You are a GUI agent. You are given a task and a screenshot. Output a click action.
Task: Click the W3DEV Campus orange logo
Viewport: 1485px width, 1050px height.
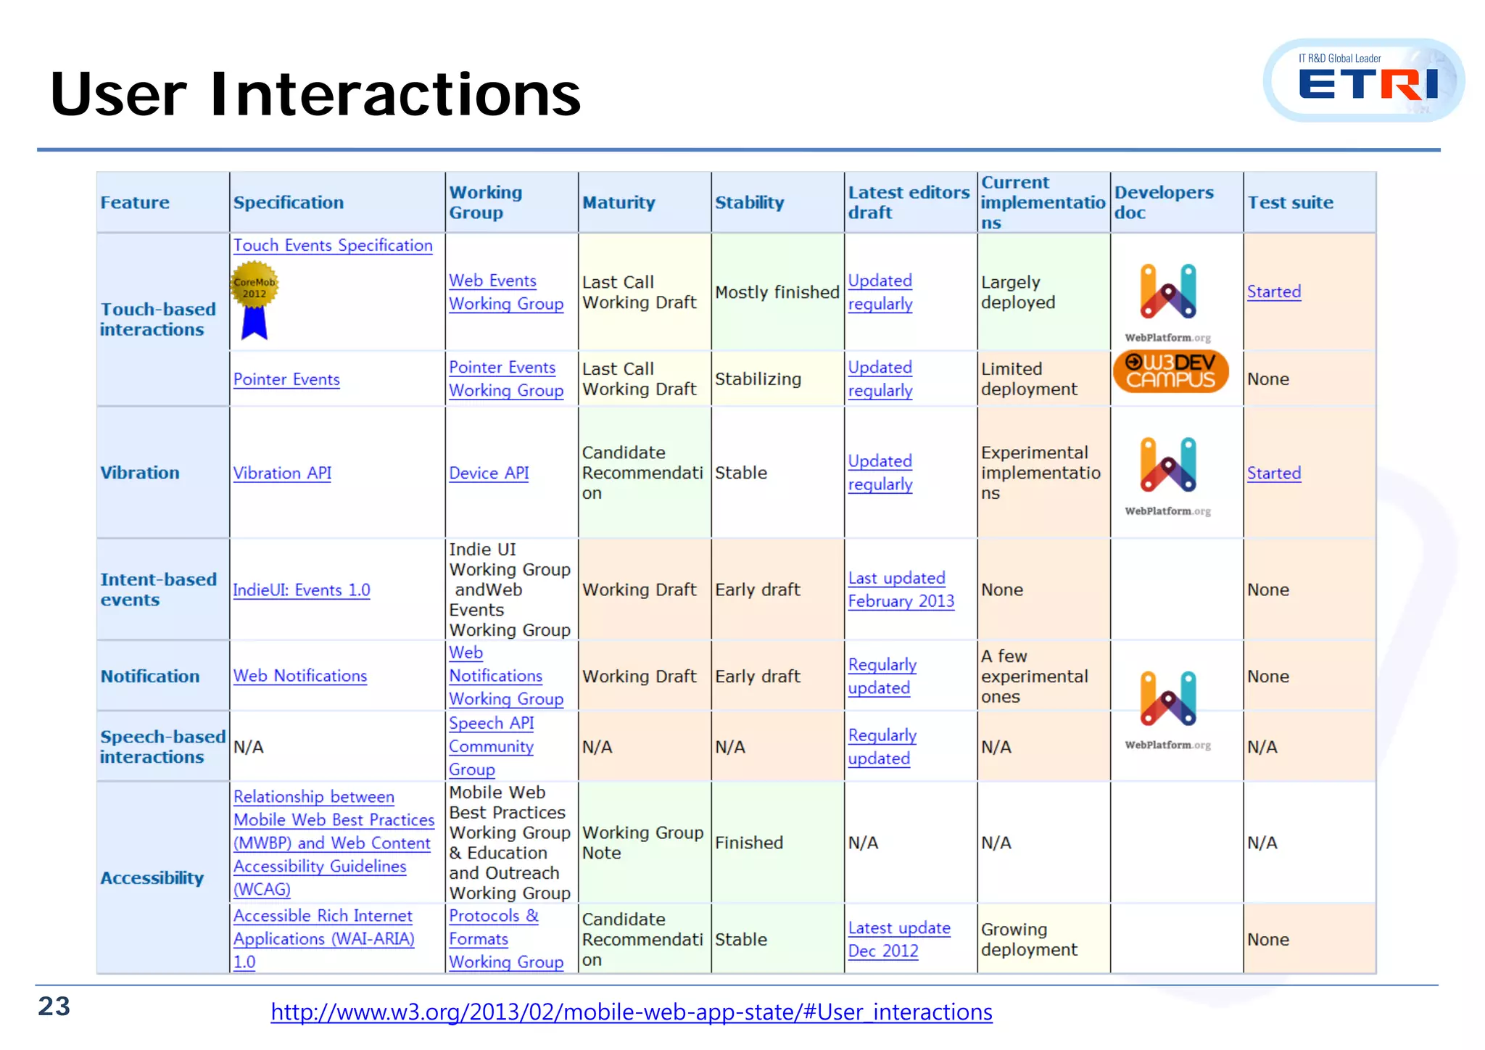click(1170, 371)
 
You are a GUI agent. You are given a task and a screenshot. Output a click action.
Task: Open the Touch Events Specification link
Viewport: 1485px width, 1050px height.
click(333, 246)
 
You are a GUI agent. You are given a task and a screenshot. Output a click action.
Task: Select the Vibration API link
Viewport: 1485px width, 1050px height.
click(282, 474)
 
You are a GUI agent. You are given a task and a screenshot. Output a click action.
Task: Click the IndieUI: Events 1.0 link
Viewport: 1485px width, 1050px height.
click(301, 590)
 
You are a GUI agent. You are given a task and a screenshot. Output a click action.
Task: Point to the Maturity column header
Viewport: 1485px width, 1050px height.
click(619, 203)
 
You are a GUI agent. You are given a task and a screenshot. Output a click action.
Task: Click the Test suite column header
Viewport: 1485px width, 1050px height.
click(1290, 203)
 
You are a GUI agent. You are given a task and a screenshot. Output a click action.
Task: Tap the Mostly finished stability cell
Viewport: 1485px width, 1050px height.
click(777, 292)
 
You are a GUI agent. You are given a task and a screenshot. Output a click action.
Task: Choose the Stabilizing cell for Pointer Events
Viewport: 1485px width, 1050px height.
click(758, 379)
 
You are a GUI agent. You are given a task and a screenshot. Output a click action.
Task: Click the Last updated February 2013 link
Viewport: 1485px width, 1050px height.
click(901, 590)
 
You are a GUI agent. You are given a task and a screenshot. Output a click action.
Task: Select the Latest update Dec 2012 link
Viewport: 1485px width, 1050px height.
click(898, 939)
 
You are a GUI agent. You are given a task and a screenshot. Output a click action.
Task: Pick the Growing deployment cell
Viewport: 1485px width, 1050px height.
click(1029, 940)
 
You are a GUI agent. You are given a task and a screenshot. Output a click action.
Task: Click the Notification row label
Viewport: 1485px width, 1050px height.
click(149, 677)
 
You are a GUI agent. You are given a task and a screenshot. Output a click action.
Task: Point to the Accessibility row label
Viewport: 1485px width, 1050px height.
click(152, 878)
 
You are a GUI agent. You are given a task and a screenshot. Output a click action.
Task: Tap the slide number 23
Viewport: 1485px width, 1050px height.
click(54, 1006)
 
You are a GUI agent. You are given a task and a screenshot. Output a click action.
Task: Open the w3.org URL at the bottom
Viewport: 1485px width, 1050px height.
click(631, 1012)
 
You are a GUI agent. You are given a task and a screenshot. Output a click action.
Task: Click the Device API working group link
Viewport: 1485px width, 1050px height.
click(489, 474)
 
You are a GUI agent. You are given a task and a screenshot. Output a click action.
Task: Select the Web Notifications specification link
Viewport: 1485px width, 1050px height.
click(299, 676)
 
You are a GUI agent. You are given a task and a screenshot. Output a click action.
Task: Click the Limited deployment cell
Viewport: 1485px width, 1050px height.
click(1028, 379)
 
